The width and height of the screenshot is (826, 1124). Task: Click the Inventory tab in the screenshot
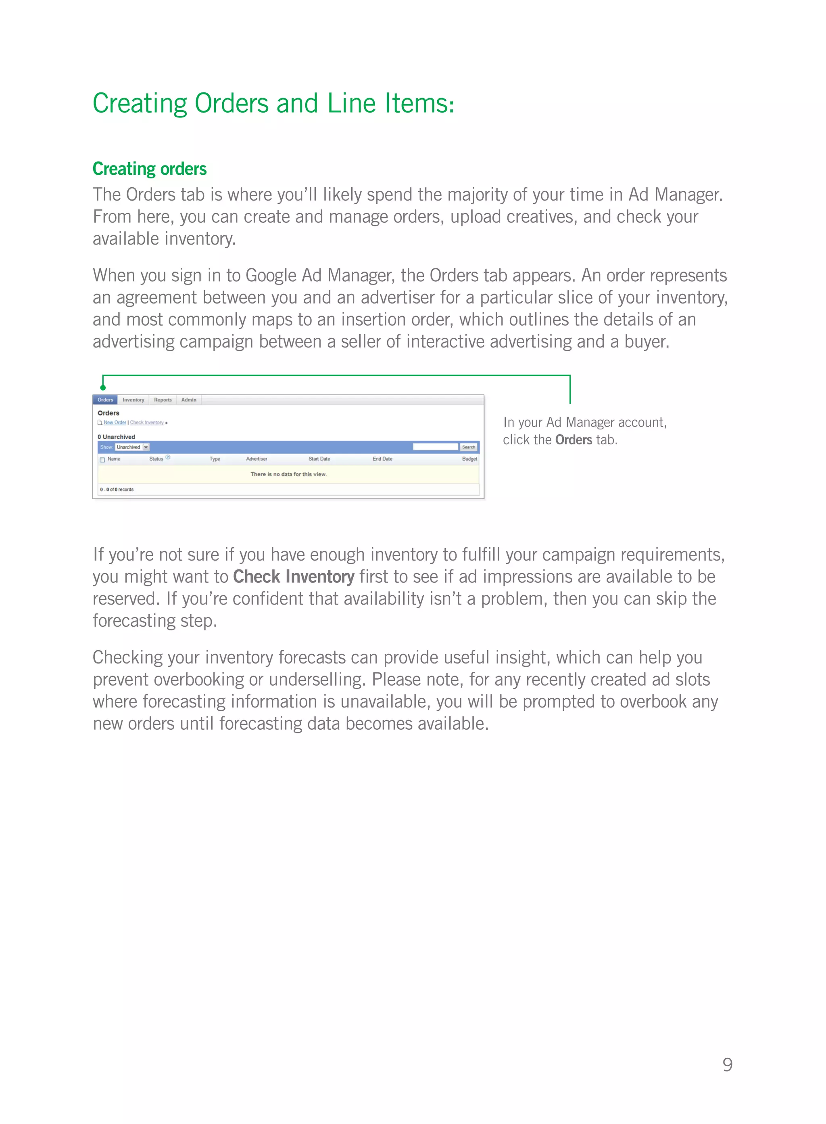pos(133,400)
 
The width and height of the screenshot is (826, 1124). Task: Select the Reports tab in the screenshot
pos(163,400)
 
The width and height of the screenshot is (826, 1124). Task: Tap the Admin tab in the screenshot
pos(188,400)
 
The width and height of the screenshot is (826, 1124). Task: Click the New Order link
pos(115,423)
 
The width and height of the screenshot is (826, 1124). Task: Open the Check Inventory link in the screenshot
pos(146,423)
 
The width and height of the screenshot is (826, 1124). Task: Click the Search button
pos(469,447)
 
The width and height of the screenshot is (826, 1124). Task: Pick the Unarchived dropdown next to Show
pos(132,447)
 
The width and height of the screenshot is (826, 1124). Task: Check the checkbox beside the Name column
pos(102,459)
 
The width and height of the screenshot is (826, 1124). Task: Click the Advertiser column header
pos(257,459)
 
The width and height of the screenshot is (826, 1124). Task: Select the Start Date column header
pos(319,459)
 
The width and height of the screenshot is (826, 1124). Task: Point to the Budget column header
pos(469,459)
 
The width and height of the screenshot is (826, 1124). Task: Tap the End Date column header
pos(382,459)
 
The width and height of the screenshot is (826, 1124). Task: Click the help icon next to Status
pos(168,457)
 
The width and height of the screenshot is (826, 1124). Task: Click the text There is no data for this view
pos(288,474)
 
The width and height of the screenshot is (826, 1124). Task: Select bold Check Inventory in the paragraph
pos(294,577)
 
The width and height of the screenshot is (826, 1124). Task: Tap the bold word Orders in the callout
pos(574,440)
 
